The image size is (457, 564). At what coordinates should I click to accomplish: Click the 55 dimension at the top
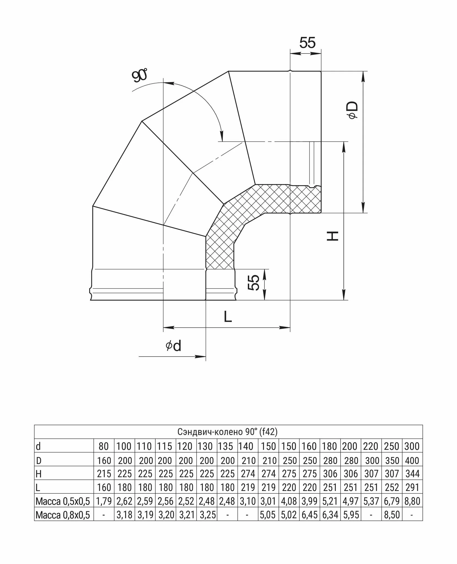tap(307, 43)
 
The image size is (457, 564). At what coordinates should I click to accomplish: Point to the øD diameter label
tap(353, 110)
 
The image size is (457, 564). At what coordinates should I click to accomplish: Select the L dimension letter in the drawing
tap(228, 317)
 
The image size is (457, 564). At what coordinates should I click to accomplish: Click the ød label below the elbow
tap(173, 346)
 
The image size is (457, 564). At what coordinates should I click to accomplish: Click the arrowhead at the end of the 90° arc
tap(222, 136)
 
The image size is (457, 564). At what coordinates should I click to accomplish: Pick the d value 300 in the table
tap(412, 446)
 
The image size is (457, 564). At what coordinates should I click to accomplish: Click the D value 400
tap(412, 460)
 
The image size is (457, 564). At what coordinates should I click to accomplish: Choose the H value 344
tap(412, 474)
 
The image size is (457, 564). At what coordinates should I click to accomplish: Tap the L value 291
tap(412, 488)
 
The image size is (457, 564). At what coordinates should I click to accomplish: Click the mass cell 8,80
tap(412, 501)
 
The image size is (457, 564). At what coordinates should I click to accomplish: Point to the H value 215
tap(104, 474)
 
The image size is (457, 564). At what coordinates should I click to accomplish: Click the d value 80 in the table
tap(104, 446)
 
